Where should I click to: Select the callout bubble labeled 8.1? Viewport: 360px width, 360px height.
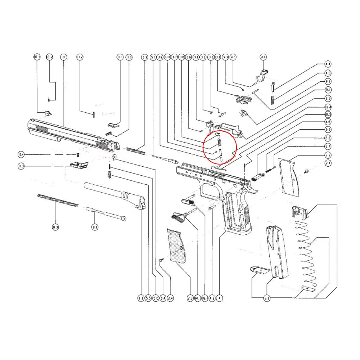pyautogui.click(x=94, y=228)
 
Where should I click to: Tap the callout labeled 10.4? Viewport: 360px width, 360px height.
pyautogui.click(x=21, y=155)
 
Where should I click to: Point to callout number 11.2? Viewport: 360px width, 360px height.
pyautogui.click(x=80, y=57)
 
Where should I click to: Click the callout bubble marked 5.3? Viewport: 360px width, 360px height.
pyautogui.click(x=145, y=57)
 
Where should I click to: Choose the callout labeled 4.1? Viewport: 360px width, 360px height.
pyautogui.click(x=263, y=57)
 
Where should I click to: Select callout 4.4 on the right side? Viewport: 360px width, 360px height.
pyautogui.click(x=328, y=64)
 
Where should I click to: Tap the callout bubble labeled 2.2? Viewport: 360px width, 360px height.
pyautogui.click(x=328, y=155)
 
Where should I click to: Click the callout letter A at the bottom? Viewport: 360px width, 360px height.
pyautogui.click(x=220, y=298)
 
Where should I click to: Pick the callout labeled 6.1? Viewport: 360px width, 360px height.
pyautogui.click(x=267, y=298)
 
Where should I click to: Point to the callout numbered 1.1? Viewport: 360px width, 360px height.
pyautogui.click(x=140, y=298)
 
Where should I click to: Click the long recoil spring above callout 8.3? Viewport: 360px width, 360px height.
pyautogui.click(x=58, y=200)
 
